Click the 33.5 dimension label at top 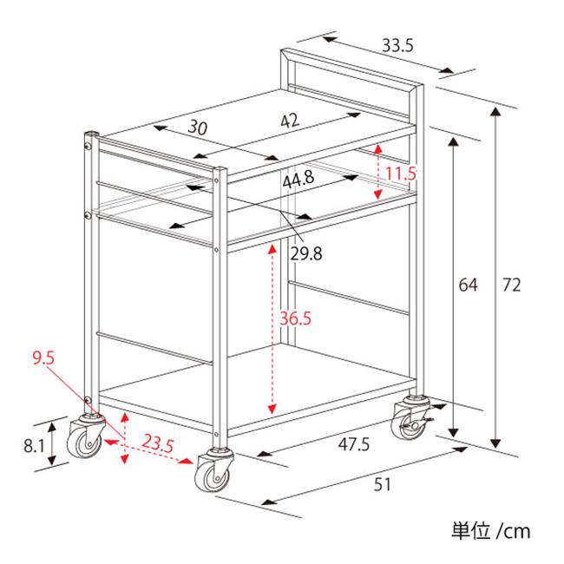click(397, 45)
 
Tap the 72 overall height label click(511, 285)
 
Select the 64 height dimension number click(468, 285)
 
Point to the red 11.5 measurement click(401, 174)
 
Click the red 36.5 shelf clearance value click(295, 318)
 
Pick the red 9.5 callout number click(43, 358)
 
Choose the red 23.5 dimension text click(158, 443)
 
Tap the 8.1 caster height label click(34, 446)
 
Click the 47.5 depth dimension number click(354, 444)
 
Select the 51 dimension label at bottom click(382, 484)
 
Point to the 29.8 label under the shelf click(306, 254)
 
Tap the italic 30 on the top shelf click(198, 128)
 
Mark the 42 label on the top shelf click(290, 121)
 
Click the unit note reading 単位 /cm click(490, 531)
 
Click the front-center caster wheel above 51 click(213, 469)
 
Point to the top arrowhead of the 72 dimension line click(496, 112)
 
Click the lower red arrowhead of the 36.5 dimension click(272, 409)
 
